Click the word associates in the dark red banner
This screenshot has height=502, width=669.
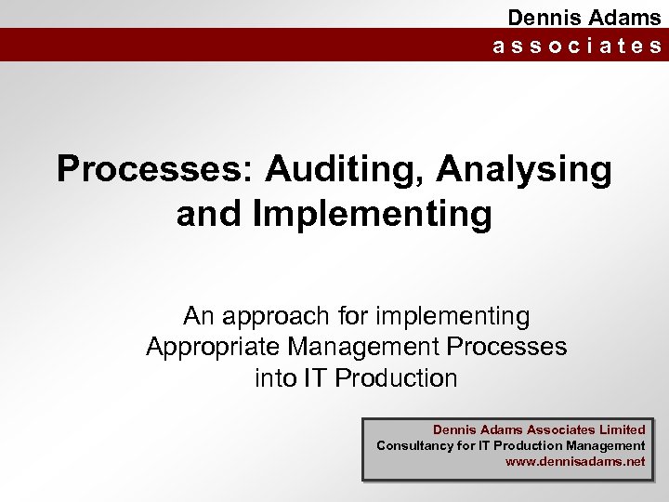pos(577,46)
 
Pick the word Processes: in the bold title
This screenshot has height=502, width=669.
pos(154,170)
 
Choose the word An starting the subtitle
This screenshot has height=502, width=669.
pos(199,316)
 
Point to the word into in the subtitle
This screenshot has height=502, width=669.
pos(275,378)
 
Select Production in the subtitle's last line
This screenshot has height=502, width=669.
pos(396,378)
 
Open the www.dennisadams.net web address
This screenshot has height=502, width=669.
pos(574,461)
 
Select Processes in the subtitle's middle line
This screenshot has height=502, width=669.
pos(506,348)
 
